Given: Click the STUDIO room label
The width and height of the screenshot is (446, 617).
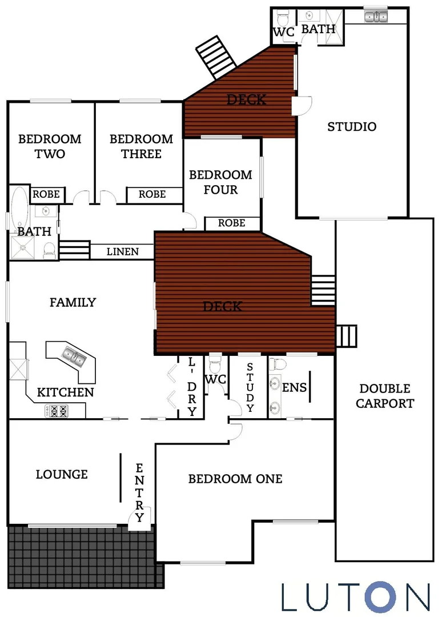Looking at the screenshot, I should click(352, 127).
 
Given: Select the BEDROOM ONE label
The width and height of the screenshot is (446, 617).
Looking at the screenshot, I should click(235, 479).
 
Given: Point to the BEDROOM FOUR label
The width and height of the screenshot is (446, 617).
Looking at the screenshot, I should click(220, 182).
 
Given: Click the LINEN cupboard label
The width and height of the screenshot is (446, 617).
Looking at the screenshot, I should click(122, 251).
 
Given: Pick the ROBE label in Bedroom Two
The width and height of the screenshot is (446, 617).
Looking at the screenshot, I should click(46, 194).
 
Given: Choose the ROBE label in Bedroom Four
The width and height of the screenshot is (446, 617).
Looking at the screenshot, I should click(231, 223).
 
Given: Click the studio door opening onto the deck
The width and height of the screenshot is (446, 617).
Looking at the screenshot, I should click(302, 105).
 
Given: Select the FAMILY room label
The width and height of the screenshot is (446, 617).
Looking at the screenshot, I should click(73, 302).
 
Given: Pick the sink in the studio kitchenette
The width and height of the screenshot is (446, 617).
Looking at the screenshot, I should click(375, 17).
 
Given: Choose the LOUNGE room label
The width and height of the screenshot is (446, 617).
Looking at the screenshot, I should click(62, 474).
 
